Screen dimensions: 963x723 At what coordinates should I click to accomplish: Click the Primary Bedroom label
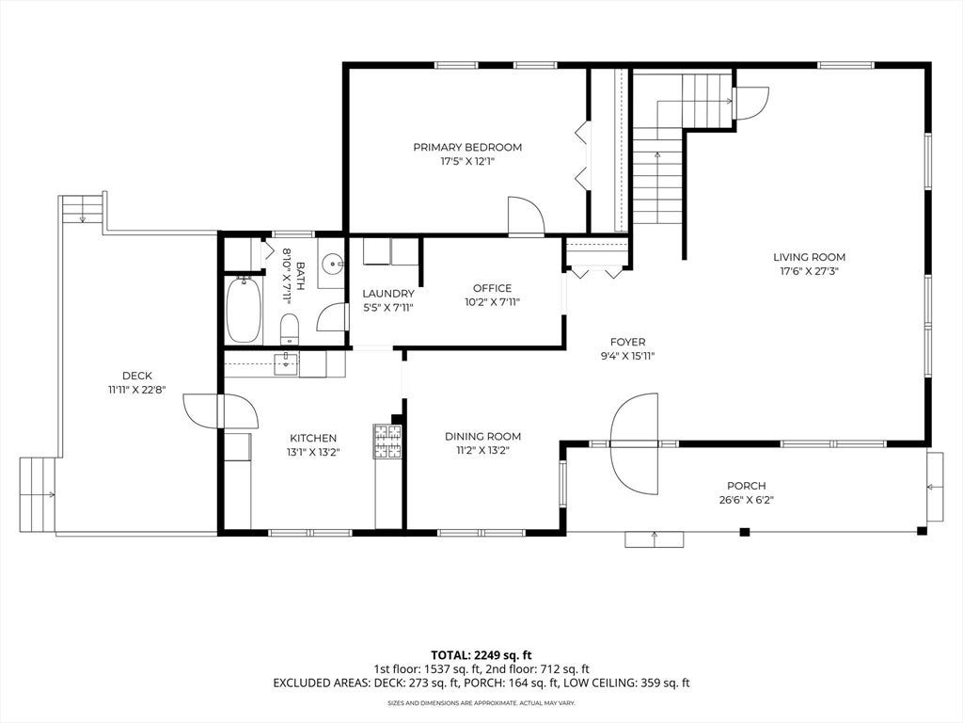[467, 147]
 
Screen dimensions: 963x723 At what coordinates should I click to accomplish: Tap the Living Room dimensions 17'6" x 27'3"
[809, 271]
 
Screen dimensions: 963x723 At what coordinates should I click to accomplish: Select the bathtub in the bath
[244, 310]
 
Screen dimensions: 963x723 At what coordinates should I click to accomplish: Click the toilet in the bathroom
[290, 329]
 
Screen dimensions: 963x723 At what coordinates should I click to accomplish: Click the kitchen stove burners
[387, 442]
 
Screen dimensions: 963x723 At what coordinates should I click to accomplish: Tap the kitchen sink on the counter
[286, 362]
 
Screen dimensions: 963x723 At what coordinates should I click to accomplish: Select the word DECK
[137, 376]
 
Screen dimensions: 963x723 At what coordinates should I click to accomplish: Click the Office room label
[492, 288]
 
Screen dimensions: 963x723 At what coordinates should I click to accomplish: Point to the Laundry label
[388, 294]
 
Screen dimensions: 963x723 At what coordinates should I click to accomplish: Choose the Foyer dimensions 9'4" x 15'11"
[627, 356]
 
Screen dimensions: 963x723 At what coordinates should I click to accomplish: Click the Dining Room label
[482, 437]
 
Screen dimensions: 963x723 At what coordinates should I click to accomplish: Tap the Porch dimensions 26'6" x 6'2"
[746, 501]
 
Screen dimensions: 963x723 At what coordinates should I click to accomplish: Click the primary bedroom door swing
[527, 216]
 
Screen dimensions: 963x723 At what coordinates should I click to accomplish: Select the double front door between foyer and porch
[635, 443]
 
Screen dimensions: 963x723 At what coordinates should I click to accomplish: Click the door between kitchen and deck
[222, 411]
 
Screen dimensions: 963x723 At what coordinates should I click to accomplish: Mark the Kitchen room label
[313, 439]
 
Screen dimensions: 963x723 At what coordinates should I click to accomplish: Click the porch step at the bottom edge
[655, 539]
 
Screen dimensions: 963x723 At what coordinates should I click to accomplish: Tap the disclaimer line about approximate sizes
[481, 702]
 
